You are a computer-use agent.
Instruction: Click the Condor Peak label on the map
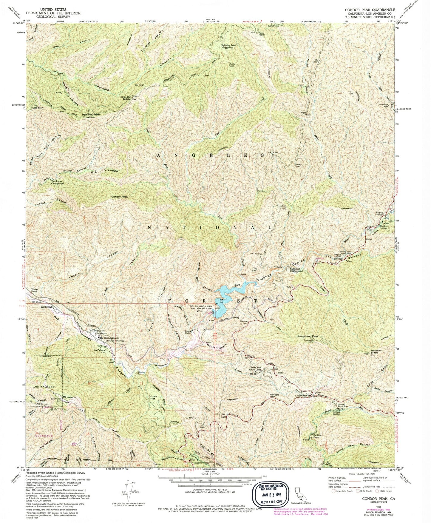tap(119, 197)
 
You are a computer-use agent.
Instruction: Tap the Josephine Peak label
tap(308, 337)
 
